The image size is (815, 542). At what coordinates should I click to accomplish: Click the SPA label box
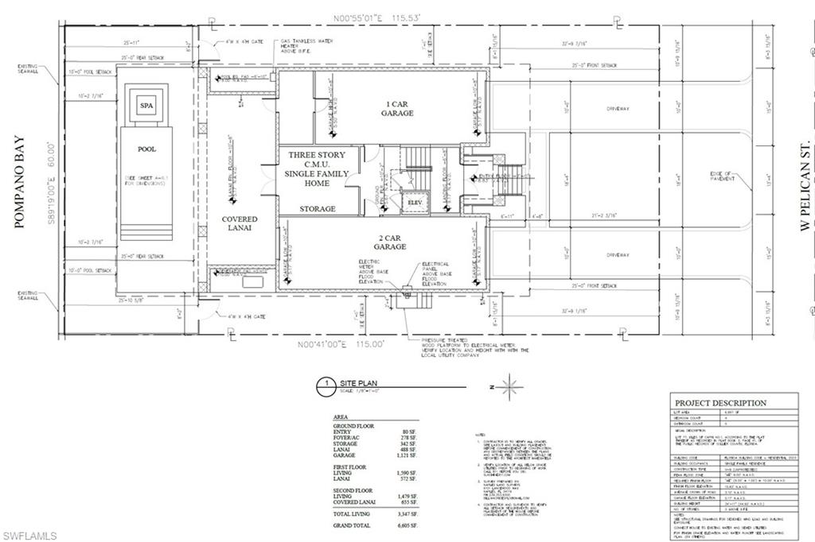pyautogui.click(x=146, y=105)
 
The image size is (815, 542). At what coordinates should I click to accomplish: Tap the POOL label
pyautogui.click(x=146, y=149)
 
